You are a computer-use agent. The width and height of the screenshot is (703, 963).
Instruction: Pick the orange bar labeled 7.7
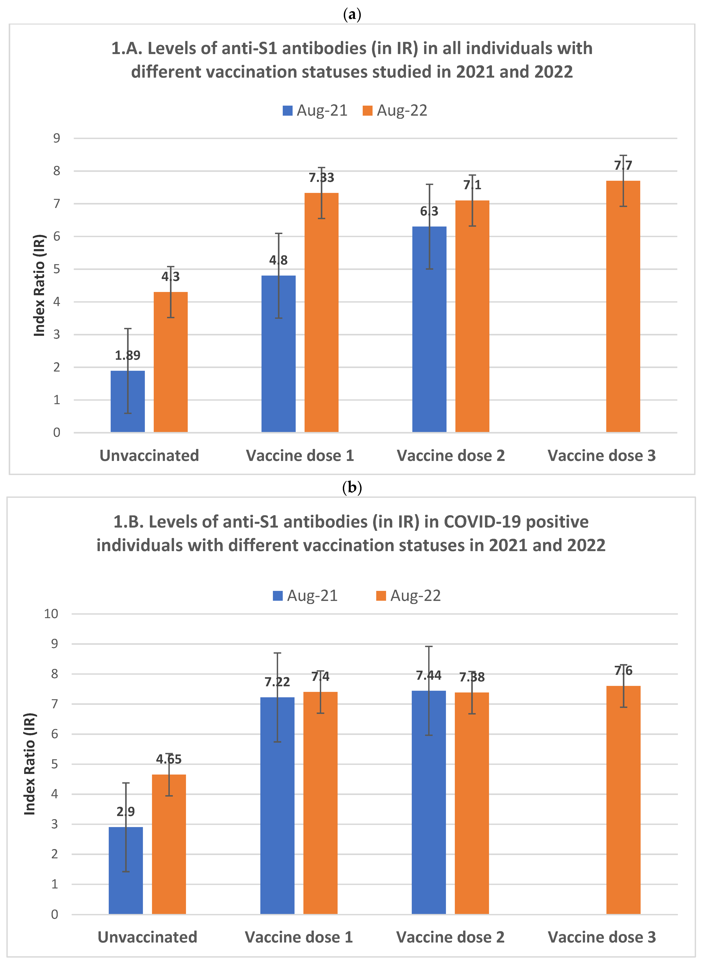[x=623, y=306]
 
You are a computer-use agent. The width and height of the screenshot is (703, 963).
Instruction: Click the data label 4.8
[x=278, y=260]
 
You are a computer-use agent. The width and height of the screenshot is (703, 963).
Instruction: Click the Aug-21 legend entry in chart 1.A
[x=315, y=111]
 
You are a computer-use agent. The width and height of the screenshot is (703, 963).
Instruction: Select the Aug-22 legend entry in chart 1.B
[x=408, y=596]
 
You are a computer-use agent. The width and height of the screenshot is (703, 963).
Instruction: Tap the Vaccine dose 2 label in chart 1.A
[x=451, y=456]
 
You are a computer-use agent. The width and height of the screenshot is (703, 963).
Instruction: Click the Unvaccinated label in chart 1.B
[x=147, y=937]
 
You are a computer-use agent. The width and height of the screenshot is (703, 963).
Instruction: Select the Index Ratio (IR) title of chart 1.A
[x=39, y=285]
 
